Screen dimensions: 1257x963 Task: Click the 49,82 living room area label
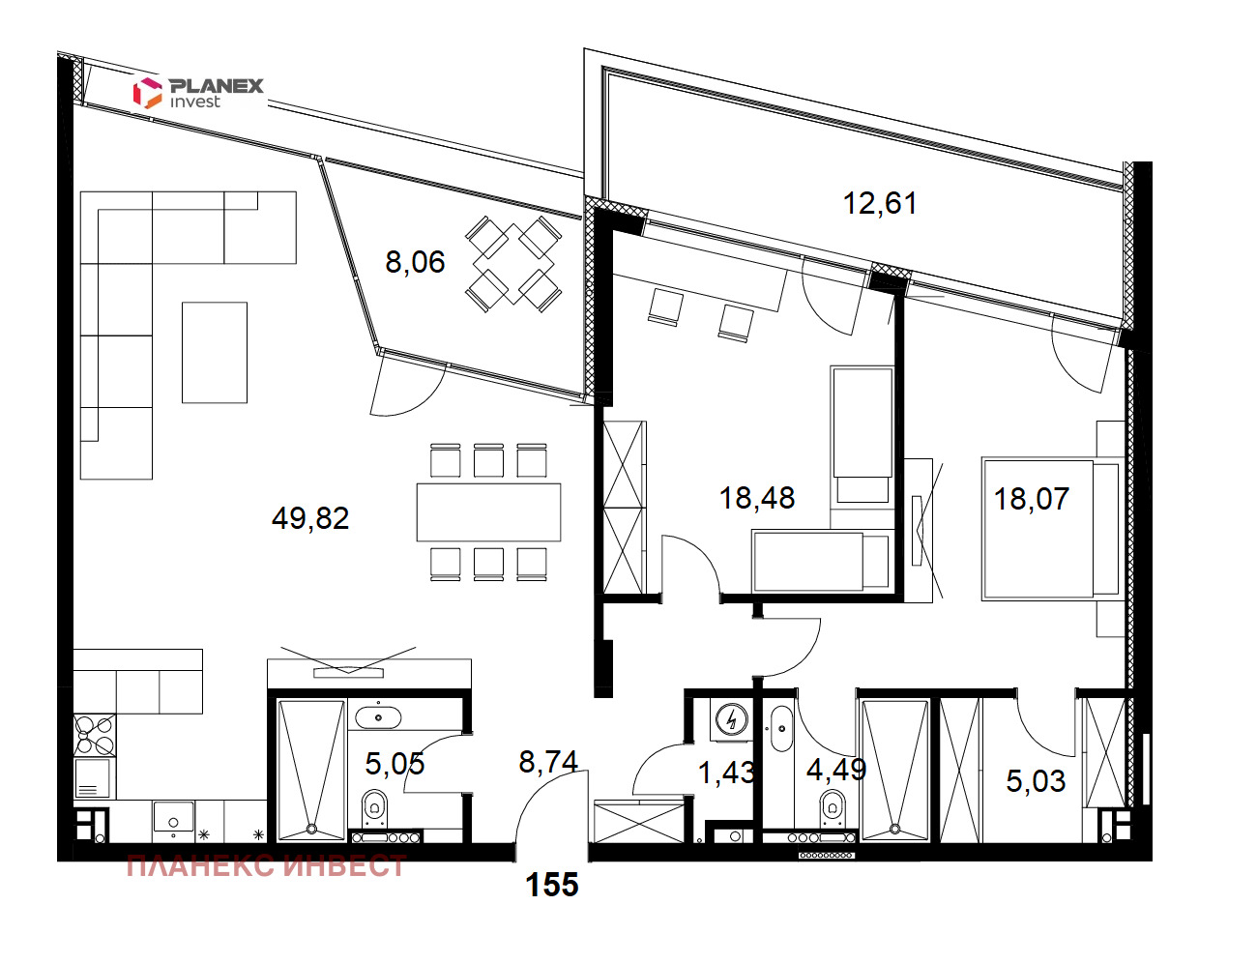coord(310,518)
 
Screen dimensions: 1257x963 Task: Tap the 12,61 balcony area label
coord(880,204)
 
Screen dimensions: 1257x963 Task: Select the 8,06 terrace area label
coord(415,262)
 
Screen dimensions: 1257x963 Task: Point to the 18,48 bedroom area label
coord(757,498)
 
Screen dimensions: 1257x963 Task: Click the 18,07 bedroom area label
coord(1032,499)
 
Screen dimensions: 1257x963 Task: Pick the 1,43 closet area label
coord(726,773)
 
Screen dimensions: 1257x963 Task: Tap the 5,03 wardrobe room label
coord(1036,781)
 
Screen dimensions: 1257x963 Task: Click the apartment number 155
coord(552,885)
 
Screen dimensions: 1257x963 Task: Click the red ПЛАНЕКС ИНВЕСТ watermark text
coord(266,866)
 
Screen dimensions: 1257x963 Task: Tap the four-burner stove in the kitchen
coord(95,735)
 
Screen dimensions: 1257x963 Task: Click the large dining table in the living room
coord(489,511)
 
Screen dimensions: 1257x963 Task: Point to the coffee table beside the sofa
coord(215,352)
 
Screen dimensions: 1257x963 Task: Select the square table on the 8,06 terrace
coord(513,264)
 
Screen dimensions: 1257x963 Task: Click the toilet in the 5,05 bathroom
coord(374,809)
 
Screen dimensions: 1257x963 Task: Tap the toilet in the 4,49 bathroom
coord(833,809)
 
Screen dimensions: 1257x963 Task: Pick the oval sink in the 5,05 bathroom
coord(378,717)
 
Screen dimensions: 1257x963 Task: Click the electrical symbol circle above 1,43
coord(732,720)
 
